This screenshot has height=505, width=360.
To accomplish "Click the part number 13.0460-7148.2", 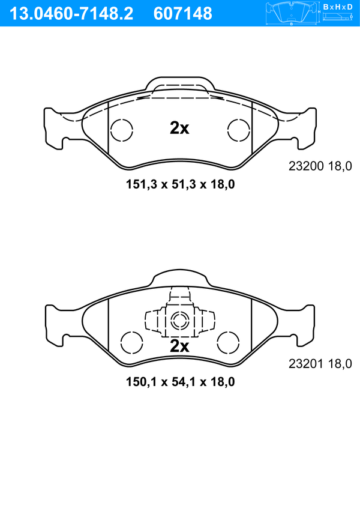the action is (71, 14).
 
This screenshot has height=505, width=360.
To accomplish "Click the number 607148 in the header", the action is (183, 14).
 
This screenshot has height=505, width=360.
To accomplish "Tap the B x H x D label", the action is (338, 7).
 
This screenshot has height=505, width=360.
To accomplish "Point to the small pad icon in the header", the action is (292, 14).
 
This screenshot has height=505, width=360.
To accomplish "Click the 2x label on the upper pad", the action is (179, 128).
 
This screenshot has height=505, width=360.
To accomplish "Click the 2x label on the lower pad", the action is (179, 346).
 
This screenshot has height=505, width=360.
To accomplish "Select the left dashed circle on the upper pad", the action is (122, 130).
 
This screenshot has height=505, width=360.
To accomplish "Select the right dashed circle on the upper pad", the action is (239, 130).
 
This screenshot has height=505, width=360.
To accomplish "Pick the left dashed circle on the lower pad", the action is (131, 343).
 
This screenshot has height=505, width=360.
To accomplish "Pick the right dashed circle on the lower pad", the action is (229, 343).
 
